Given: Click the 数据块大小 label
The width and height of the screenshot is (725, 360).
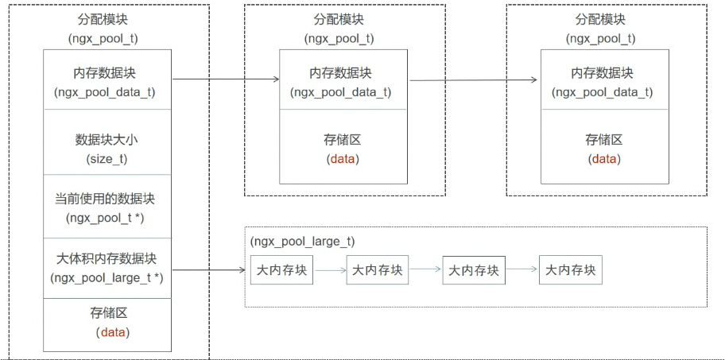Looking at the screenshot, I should click(107, 140).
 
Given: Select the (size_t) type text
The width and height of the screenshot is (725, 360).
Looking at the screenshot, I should click(107, 159).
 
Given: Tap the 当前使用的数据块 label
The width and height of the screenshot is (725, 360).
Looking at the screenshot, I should click(107, 199).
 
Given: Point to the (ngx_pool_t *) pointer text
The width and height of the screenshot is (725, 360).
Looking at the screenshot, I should click(107, 218).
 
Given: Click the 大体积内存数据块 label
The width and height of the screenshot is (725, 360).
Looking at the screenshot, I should click(107, 258).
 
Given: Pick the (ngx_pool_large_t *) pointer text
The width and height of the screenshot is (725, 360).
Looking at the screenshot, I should click(107, 277).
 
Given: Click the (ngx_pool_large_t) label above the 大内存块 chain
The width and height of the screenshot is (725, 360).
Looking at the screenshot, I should click(302, 241).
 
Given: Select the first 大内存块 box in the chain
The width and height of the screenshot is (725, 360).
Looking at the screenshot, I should click(281, 270).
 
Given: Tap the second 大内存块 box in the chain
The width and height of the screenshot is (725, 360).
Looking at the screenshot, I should click(378, 270).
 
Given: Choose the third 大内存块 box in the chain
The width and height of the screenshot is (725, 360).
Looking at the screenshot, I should click(474, 270).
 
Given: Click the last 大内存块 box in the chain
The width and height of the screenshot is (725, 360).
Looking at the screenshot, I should click(570, 270).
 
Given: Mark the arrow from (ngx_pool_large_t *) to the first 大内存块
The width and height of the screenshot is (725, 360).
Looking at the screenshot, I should click(208, 270).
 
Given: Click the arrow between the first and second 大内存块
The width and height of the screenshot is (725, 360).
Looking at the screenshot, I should click(330, 270).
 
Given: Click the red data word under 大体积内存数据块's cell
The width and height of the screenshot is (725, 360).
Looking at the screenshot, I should click(113, 332).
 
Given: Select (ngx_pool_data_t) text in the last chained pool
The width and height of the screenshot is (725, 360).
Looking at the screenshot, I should click(603, 92).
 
